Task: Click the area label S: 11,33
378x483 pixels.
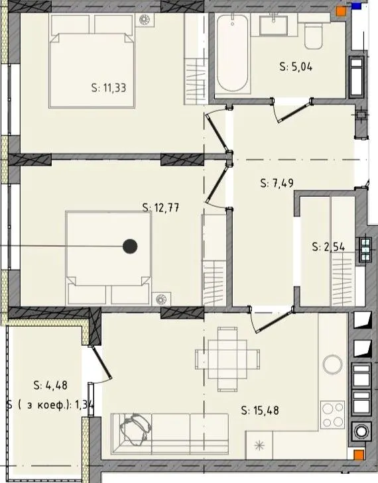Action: tap(109, 88)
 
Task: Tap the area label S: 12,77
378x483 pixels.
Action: tap(160, 207)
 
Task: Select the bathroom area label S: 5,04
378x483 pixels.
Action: tap(296, 66)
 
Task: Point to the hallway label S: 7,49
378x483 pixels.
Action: tap(277, 184)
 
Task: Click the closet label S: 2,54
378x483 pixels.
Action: tap(328, 246)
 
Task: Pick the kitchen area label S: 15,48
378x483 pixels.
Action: tap(260, 410)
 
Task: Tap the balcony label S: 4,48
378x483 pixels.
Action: tap(50, 385)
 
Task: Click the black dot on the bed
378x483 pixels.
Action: tap(130, 246)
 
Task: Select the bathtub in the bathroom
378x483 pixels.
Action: tap(232, 53)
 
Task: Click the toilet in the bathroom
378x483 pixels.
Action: tap(314, 35)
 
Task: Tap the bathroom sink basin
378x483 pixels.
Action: tap(274, 25)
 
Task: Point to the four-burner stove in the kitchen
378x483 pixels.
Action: tap(332, 415)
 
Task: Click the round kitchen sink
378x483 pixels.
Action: tap(332, 364)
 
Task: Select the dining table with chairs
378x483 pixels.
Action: tap(227, 359)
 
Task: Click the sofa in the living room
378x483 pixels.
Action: tap(170, 434)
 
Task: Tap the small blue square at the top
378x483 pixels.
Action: tap(356, 6)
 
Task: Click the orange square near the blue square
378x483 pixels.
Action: tap(341, 11)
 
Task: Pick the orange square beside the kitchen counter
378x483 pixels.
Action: tap(359, 455)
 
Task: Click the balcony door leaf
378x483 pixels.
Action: tap(101, 362)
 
